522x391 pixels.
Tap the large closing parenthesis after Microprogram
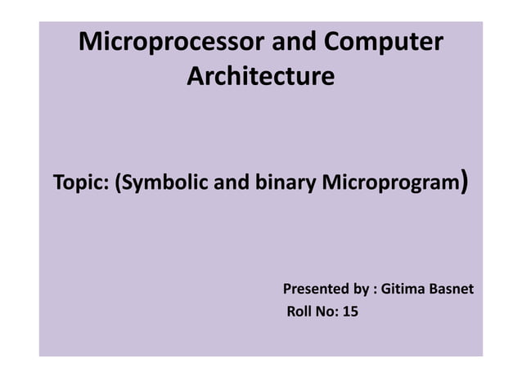(x=464, y=180)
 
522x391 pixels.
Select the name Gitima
(x=402, y=290)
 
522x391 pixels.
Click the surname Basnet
(x=449, y=290)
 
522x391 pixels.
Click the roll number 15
(x=351, y=312)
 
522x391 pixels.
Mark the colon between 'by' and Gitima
(x=374, y=290)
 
